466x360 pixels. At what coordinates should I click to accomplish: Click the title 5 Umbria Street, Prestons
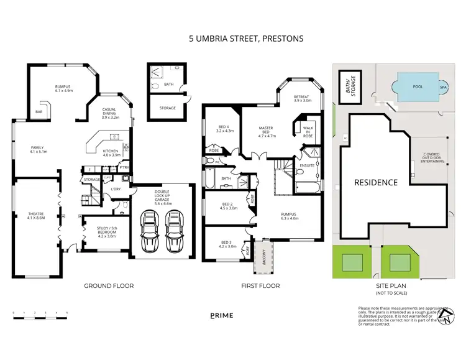click(x=246, y=39)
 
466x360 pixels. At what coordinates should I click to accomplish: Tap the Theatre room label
click(x=37, y=216)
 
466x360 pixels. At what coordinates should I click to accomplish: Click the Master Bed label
click(x=267, y=131)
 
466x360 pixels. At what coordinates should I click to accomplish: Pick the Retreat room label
click(x=301, y=98)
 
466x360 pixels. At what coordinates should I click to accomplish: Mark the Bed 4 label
click(x=224, y=129)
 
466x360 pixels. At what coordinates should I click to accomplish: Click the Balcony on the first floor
click(x=260, y=257)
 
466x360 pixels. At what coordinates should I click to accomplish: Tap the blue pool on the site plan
click(x=418, y=88)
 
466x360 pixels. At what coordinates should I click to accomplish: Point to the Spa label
click(x=444, y=88)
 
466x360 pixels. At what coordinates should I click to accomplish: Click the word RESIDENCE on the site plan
click(x=376, y=182)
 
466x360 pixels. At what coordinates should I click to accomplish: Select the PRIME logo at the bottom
click(x=222, y=315)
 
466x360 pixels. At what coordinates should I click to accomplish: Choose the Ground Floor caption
click(x=109, y=286)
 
